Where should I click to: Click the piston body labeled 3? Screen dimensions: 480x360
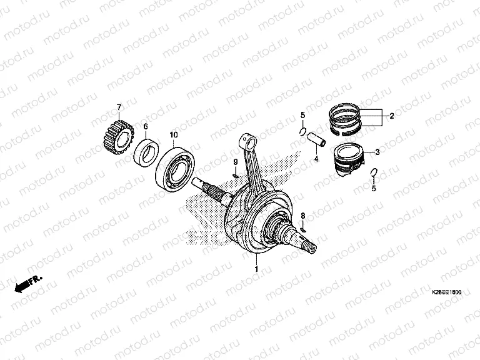coord(349,160)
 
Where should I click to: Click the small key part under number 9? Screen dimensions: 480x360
coord(236,176)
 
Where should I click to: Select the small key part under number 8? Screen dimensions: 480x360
coord(303,229)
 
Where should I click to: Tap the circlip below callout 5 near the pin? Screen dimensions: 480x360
coord(302,132)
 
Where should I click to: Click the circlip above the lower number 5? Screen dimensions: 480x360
coord(374,173)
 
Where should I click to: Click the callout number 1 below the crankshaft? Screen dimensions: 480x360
coord(256,269)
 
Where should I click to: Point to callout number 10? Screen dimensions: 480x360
coord(174,135)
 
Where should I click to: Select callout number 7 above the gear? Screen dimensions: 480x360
coord(119,107)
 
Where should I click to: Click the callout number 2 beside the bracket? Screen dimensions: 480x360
coord(391,116)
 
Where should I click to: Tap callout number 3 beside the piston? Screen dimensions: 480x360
coord(377,152)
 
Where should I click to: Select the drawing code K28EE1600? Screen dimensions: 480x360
coord(447,292)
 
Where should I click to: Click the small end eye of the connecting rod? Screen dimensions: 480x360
coord(249,141)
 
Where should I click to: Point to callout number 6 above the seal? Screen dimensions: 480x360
coord(146,126)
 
